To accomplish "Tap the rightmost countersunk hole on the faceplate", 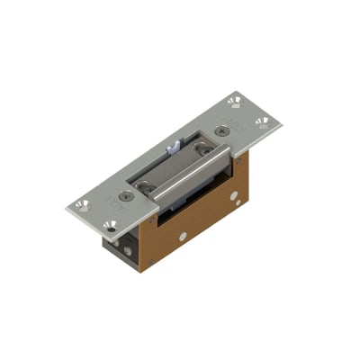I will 262,121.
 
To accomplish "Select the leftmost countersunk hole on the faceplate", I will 83,204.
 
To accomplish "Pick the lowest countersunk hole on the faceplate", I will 110,226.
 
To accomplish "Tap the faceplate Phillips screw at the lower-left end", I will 127,193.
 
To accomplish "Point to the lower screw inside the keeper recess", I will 147,186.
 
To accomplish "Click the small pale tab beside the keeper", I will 174,145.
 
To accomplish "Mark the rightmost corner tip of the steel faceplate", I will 281,121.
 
